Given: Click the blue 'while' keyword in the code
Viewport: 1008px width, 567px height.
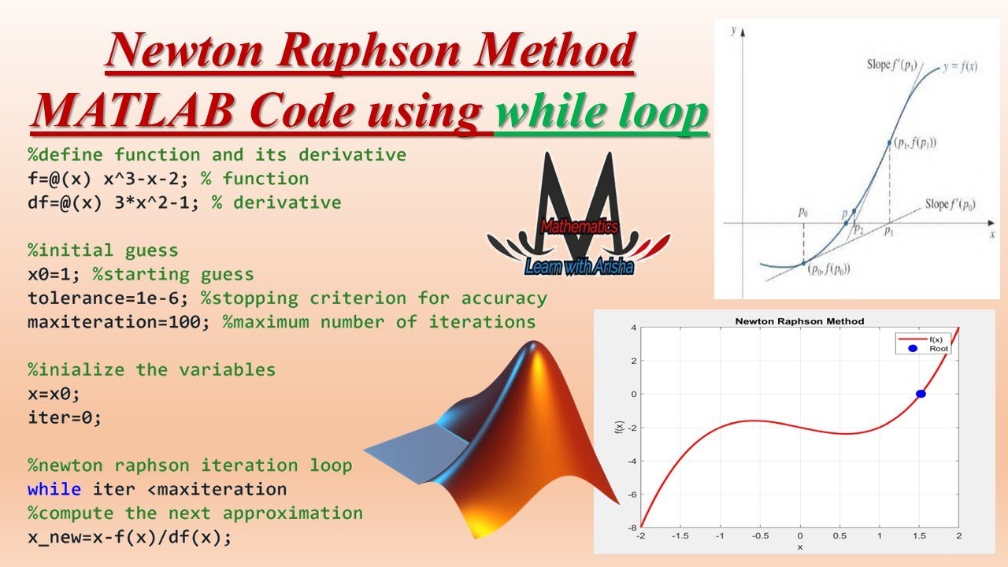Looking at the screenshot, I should (x=54, y=489).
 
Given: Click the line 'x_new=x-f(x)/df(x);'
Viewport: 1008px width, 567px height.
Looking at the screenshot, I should (x=130, y=537).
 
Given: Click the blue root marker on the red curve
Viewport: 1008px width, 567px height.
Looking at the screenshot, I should (x=920, y=394).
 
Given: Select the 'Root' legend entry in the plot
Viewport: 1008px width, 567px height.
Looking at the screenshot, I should (x=939, y=348).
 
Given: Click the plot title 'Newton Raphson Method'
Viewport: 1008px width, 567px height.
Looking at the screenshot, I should (x=799, y=321).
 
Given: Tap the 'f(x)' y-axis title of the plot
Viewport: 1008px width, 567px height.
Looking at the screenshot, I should (x=620, y=428).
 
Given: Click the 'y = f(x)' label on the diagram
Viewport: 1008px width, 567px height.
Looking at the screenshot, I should (x=960, y=67).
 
